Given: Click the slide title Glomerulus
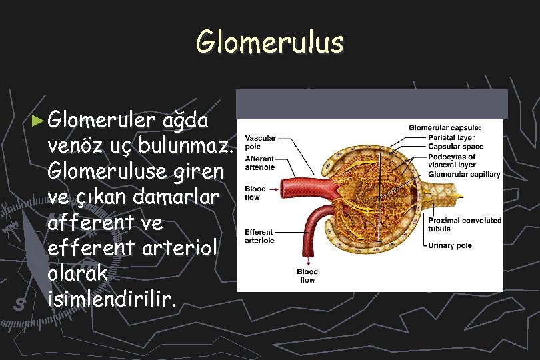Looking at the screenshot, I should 269,42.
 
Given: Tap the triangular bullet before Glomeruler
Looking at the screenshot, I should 40,121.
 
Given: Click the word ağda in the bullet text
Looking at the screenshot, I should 189,122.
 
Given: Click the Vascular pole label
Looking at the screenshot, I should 261,141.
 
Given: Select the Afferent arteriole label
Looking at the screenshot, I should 259,163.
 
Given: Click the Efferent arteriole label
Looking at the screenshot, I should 259,236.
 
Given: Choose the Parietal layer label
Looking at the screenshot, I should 451,138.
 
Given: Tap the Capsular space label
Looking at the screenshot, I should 455,146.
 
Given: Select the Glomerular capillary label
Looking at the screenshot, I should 464,174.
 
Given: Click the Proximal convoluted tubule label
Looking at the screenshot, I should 464,225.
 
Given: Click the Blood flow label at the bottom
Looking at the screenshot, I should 307,276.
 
